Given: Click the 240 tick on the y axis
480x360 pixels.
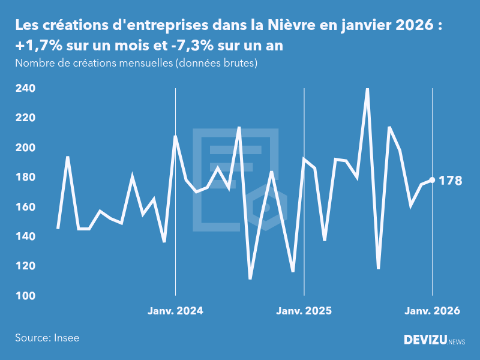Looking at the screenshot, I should point(25,89).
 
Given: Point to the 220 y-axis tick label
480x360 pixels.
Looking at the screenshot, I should point(25,118).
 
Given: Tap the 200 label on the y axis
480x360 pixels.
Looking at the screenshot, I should point(25,148).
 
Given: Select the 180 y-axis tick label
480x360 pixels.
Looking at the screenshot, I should point(25,178).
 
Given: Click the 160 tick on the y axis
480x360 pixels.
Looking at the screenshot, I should point(25,207).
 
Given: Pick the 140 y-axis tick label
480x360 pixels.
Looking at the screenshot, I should point(25,236).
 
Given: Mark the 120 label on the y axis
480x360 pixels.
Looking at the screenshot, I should point(25,266).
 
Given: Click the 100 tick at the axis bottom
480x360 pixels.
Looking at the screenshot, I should point(25,296).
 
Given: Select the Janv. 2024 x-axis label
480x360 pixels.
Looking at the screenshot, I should point(175,311).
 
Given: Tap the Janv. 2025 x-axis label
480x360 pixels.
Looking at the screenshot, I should point(304,311).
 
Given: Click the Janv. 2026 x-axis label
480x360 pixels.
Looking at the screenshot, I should point(433,311).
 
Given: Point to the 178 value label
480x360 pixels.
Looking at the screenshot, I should point(451,181).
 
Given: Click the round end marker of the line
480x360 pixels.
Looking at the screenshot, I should point(433,180).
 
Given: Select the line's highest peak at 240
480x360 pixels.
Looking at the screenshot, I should point(367,89).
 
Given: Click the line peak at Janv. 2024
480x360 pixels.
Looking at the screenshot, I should point(175,136).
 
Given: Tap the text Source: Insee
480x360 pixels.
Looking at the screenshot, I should point(47,338).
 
